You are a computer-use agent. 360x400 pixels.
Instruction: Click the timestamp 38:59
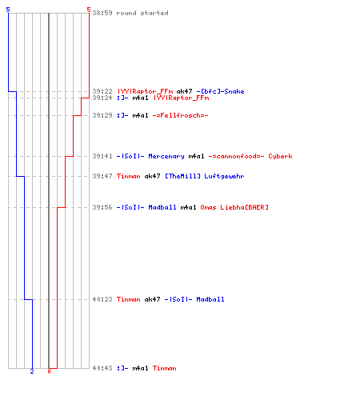tap(102, 13)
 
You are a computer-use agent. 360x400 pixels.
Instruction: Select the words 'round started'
tap(142, 13)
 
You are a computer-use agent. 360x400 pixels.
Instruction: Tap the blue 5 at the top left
tap(8, 10)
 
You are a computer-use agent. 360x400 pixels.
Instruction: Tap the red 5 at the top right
tap(89, 10)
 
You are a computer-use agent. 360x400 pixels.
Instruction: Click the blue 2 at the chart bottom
tap(32, 371)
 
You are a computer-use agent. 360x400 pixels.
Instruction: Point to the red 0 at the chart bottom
tap(49, 371)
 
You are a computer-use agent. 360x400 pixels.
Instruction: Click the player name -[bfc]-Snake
tap(220, 91)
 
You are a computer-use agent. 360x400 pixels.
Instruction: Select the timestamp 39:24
tap(102, 98)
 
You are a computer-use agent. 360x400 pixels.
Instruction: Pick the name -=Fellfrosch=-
tap(180, 115)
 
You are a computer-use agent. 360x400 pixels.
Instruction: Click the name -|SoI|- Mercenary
tap(150, 156)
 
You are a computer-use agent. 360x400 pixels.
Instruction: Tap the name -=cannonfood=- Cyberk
tap(250, 156)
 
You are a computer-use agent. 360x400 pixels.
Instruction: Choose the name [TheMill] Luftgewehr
tap(205, 176)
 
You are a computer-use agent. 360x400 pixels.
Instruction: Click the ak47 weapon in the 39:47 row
tap(152, 176)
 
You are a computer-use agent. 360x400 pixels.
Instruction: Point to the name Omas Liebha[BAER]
tap(234, 207)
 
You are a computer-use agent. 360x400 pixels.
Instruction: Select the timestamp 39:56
tap(102, 207)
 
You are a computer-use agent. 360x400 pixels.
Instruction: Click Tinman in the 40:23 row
tap(128, 299)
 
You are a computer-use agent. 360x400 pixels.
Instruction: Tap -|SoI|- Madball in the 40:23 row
tap(194, 299)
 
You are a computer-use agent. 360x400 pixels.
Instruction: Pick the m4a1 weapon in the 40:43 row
tap(140, 368)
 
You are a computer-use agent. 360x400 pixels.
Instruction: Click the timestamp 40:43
tap(102, 368)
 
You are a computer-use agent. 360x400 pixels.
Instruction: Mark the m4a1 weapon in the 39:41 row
tap(196, 156)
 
